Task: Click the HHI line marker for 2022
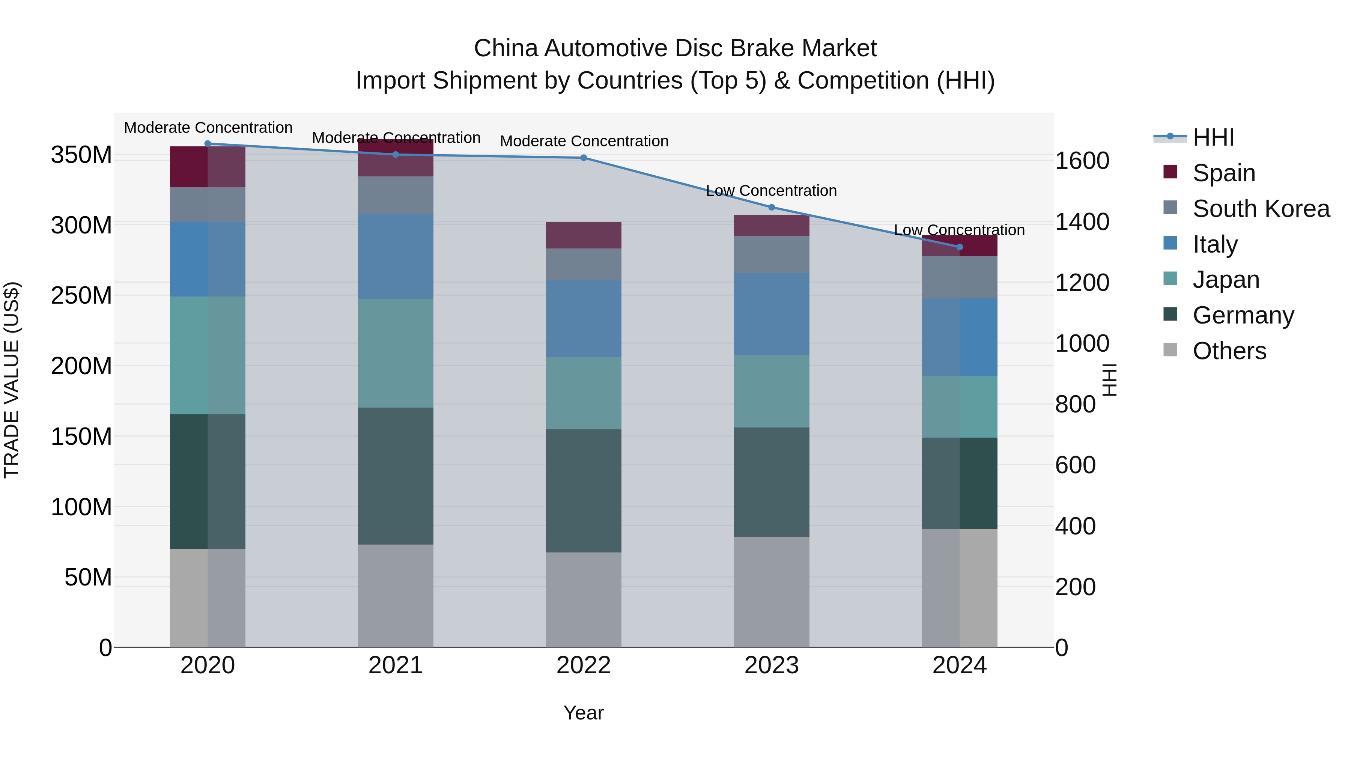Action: pos(583,158)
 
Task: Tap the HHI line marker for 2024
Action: pos(960,247)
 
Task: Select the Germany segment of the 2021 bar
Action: pos(396,476)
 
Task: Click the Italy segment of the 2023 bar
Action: pos(772,314)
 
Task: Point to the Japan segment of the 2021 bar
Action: pos(396,353)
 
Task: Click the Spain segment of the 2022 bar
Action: pos(583,235)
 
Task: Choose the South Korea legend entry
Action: pos(1261,209)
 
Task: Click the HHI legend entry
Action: pos(1213,137)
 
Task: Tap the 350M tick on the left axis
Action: pos(81,155)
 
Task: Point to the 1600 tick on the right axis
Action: pos(1082,161)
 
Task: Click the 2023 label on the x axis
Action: pos(772,665)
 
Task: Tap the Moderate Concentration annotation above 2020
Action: pos(208,128)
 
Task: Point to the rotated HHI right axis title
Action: pos(1110,380)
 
